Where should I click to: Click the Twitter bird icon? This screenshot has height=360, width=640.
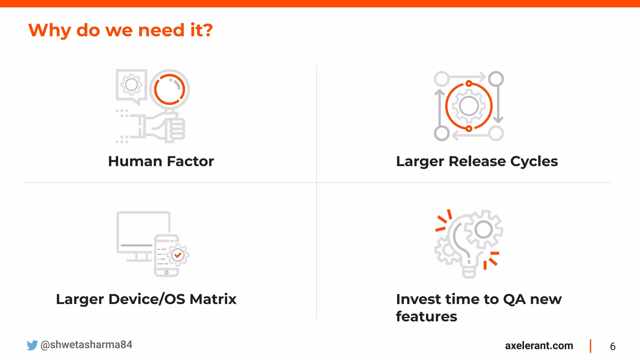(x=32, y=345)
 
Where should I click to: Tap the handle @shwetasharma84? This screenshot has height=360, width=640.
(x=86, y=345)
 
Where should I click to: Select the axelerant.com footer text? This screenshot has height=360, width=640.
(x=539, y=346)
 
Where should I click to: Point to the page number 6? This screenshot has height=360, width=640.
(x=612, y=347)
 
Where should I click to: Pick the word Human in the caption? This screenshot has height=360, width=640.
(x=135, y=162)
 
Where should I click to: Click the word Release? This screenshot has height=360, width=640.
(x=477, y=162)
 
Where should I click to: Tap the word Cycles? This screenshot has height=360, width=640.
(x=534, y=162)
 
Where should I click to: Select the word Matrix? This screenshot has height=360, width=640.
(x=213, y=299)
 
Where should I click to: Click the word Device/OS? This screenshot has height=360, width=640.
(x=147, y=299)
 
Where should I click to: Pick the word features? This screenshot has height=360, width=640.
(x=426, y=317)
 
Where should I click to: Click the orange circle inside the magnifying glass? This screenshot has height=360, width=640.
(x=169, y=89)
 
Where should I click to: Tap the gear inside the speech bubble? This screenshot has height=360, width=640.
(x=132, y=84)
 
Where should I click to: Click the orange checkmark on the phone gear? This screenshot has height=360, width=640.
(x=178, y=255)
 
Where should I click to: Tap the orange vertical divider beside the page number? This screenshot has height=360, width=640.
(x=590, y=346)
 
